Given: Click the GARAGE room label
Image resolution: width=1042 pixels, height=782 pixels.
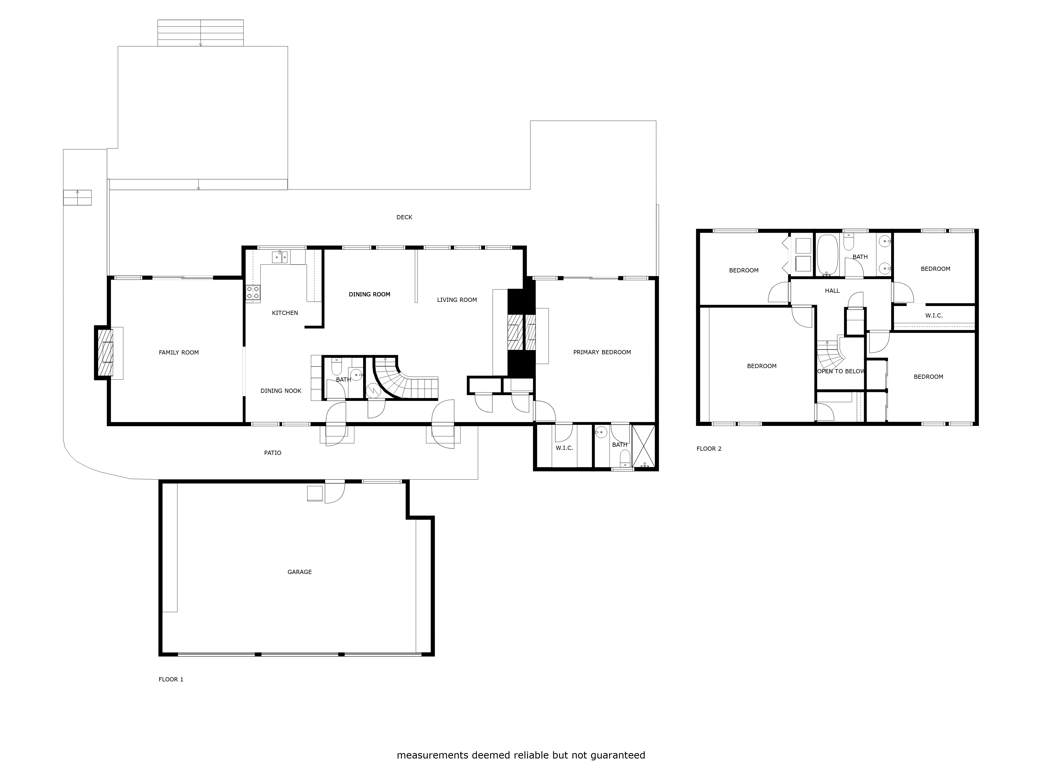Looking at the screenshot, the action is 300,572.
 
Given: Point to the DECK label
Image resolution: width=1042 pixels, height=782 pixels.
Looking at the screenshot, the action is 404,217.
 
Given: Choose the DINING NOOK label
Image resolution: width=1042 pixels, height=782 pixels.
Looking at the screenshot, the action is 281,391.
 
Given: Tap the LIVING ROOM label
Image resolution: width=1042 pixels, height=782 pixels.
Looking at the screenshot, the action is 457,300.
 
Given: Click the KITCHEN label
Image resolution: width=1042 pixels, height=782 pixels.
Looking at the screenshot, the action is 285,313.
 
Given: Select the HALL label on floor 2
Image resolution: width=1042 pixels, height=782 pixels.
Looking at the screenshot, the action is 832,291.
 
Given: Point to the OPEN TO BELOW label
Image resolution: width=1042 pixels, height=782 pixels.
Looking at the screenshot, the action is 841,371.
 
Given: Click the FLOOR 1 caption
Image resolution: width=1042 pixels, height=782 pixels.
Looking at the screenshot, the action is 171,679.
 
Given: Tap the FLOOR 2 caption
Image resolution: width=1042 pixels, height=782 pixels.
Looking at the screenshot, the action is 709,449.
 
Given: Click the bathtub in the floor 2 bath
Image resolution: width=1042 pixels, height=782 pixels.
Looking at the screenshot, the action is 827,255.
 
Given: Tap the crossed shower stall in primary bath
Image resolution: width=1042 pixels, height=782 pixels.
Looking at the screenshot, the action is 643,446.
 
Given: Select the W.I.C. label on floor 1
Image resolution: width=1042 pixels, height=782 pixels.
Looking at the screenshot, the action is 564,448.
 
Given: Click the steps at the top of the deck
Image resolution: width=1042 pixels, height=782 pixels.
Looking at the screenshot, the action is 201,33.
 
